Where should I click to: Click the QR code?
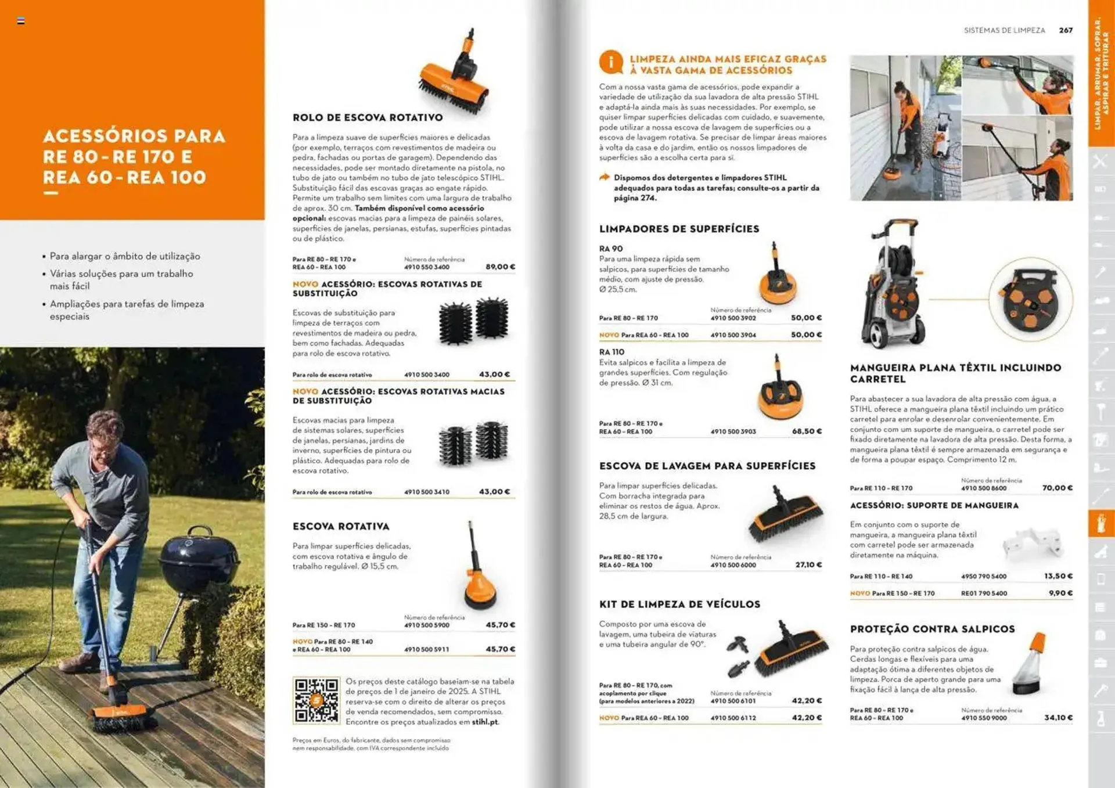click(316, 700)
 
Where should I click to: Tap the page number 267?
click(1066, 30)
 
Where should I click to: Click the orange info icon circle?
click(611, 62)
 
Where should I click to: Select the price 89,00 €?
click(500, 267)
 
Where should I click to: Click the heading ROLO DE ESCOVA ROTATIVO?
click(368, 117)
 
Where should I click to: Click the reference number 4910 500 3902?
click(733, 318)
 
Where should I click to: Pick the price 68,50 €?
click(807, 431)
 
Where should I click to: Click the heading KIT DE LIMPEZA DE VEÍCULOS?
click(679, 605)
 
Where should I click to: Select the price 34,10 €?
click(1058, 718)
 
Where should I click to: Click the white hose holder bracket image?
click(1033, 545)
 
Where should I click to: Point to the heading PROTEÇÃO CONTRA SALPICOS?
click(932, 629)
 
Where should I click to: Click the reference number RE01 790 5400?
click(984, 593)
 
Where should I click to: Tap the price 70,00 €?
click(1057, 488)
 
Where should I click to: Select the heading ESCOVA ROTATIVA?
click(341, 527)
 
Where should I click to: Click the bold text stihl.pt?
click(485, 722)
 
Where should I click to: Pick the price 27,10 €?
click(808, 564)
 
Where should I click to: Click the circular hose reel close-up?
click(1030, 300)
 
